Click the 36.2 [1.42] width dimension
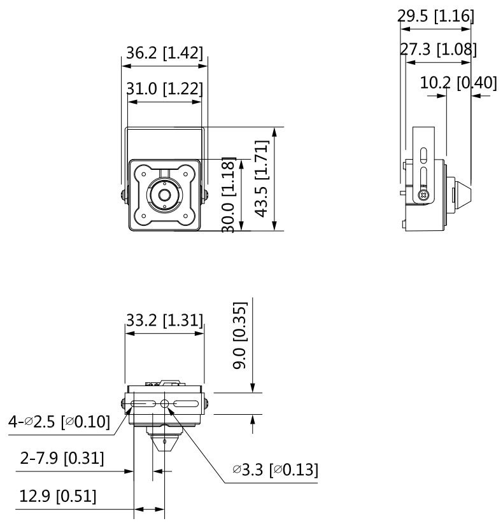click(x=164, y=53)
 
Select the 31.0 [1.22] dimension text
click(x=164, y=89)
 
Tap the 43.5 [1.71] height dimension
click(x=261, y=179)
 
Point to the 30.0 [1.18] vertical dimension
click(x=230, y=195)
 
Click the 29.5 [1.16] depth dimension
click(x=436, y=16)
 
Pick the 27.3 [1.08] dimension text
click(x=439, y=49)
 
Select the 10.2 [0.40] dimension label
click(x=459, y=82)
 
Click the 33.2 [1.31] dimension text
click(x=164, y=320)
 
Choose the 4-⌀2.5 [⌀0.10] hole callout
click(x=59, y=420)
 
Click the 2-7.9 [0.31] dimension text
click(x=62, y=457)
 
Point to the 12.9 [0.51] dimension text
click(x=58, y=496)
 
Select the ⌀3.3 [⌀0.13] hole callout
click(x=275, y=470)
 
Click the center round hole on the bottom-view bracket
click(x=165, y=405)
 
